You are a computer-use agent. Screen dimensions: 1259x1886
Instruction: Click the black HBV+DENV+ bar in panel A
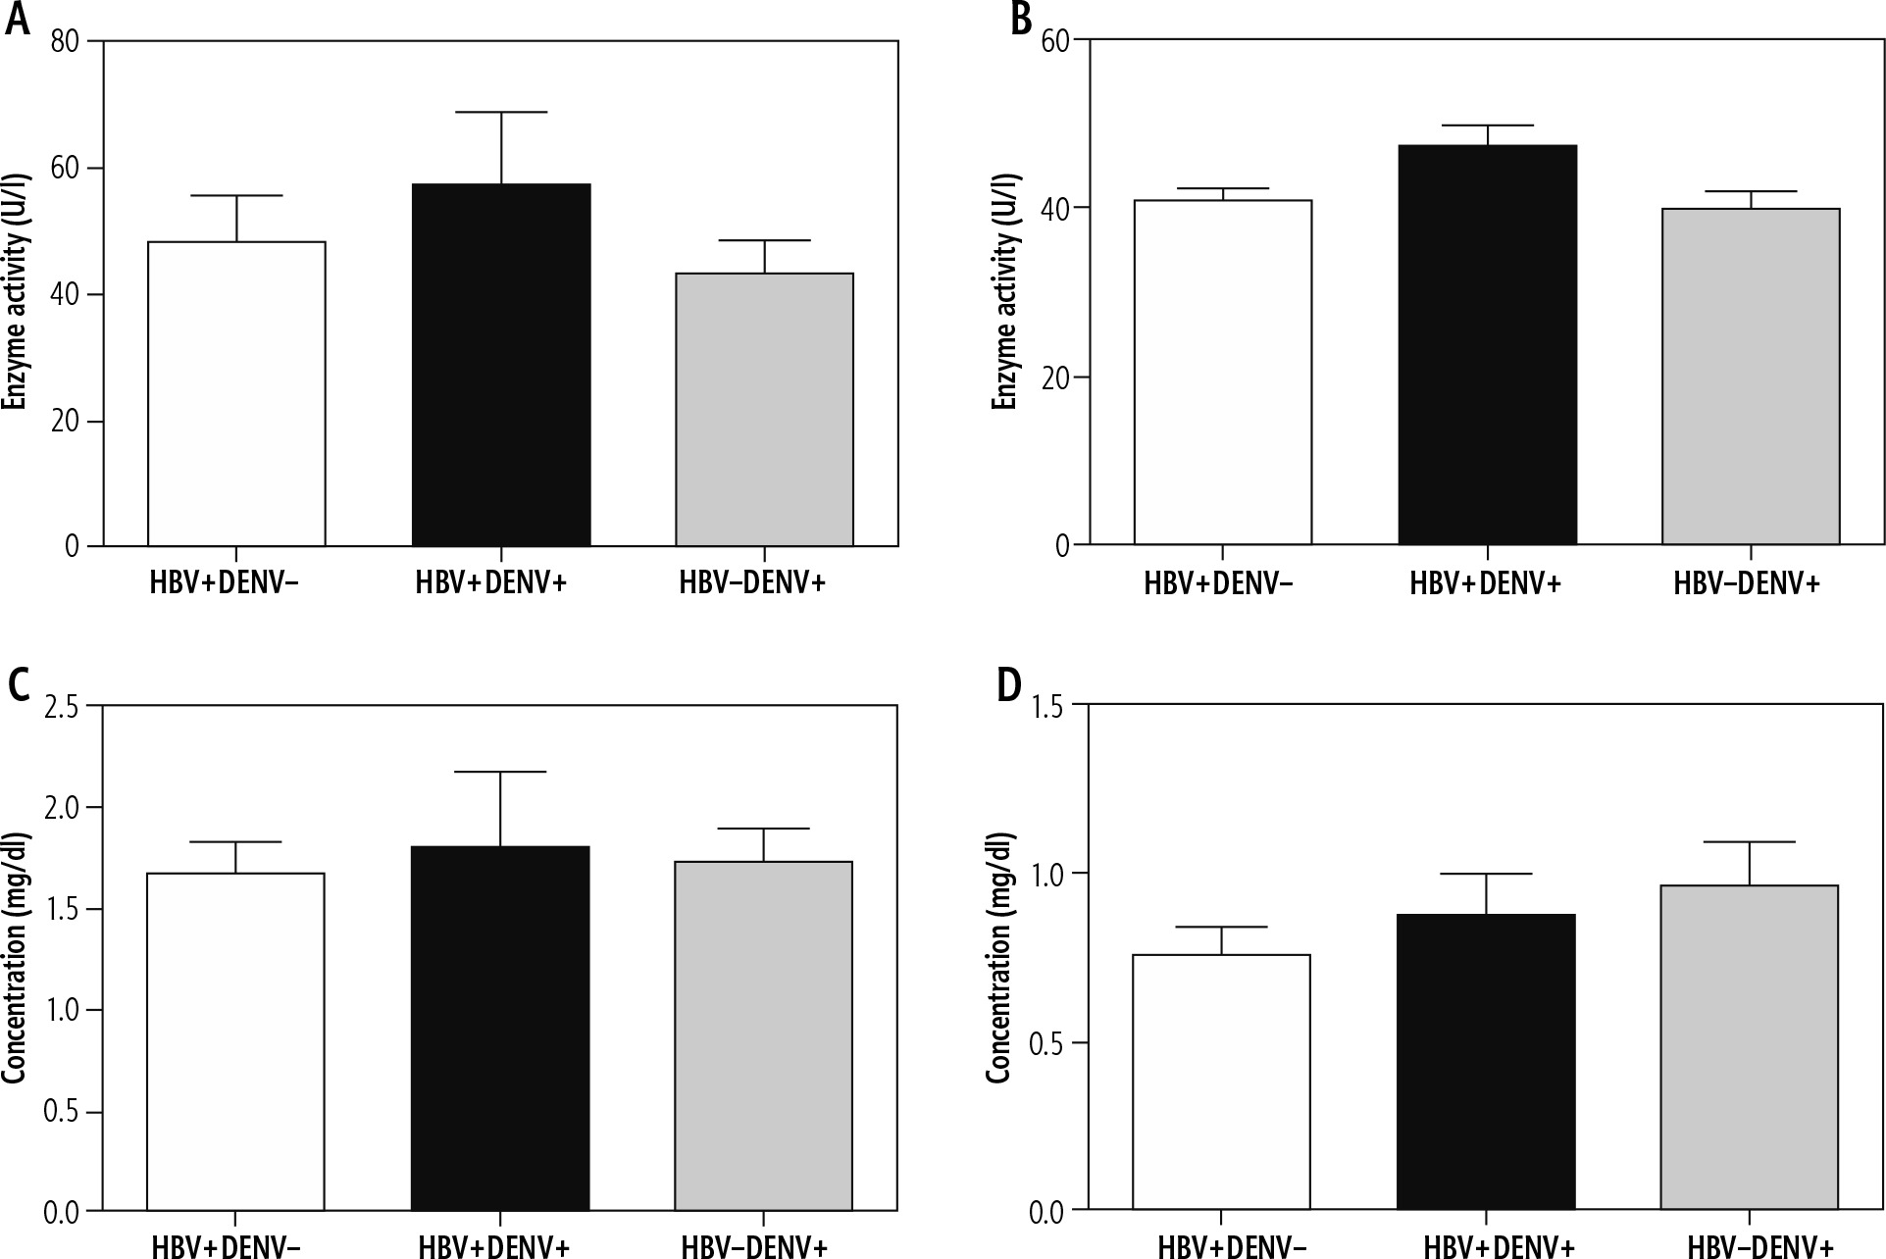(x=501, y=365)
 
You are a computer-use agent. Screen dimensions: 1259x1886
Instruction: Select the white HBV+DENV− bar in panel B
(x=1222, y=373)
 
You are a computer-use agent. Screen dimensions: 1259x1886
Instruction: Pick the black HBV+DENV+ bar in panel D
(x=1486, y=1062)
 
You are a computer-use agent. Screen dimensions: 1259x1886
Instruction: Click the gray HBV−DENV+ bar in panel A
(x=764, y=409)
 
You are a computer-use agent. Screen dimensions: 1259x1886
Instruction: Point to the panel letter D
(x=1008, y=686)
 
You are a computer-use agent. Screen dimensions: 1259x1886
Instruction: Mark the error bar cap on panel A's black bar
(x=501, y=113)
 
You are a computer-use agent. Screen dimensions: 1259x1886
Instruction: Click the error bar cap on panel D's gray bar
(x=1750, y=842)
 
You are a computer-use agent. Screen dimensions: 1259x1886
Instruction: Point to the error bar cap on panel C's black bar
(x=500, y=773)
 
